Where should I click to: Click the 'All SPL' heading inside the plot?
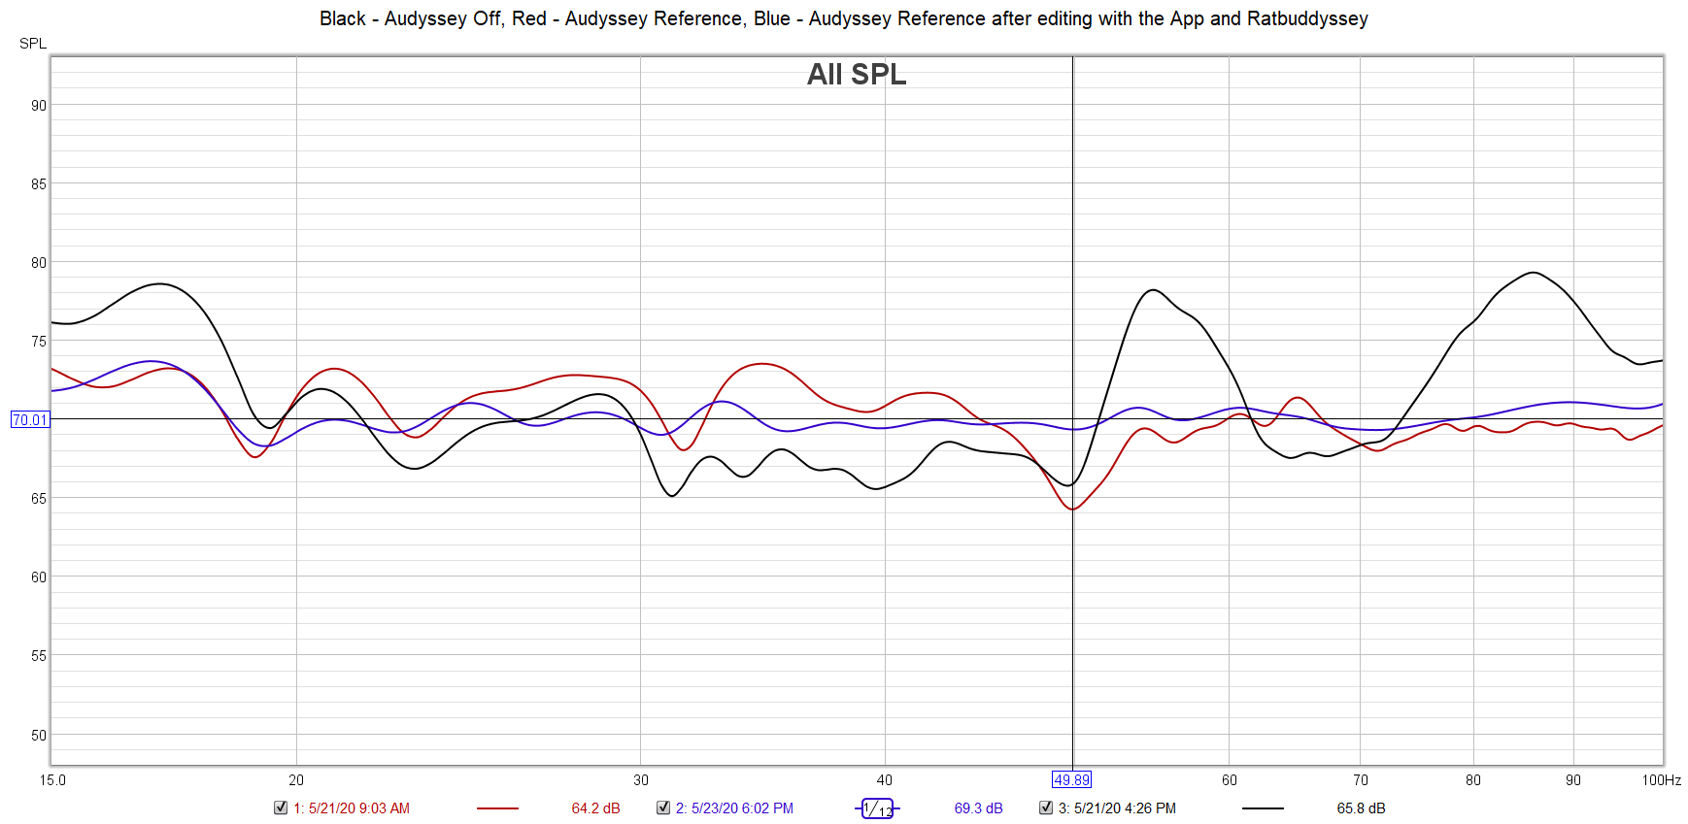(x=856, y=75)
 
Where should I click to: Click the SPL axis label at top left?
(x=33, y=44)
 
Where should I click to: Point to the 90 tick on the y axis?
(x=39, y=105)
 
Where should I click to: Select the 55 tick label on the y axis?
(x=39, y=656)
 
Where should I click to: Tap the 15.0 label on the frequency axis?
(x=53, y=780)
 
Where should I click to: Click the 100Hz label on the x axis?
(x=1661, y=780)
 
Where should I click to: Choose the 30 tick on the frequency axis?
(x=641, y=780)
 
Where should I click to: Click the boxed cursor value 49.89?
(x=1072, y=780)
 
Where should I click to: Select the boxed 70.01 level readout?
(x=30, y=420)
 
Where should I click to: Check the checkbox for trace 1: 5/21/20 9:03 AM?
(x=281, y=808)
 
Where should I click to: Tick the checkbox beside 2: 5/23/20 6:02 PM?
(x=663, y=808)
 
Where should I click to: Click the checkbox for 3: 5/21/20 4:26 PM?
(x=1046, y=808)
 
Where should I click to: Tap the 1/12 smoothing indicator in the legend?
(x=877, y=808)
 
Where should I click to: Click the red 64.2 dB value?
(x=595, y=808)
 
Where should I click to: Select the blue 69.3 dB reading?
(x=978, y=808)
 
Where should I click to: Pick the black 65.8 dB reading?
(x=1361, y=808)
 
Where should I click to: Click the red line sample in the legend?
(x=498, y=808)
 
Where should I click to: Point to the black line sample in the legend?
(x=1263, y=808)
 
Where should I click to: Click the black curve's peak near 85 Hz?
(x=1533, y=273)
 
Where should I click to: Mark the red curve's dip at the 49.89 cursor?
(x=1073, y=509)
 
